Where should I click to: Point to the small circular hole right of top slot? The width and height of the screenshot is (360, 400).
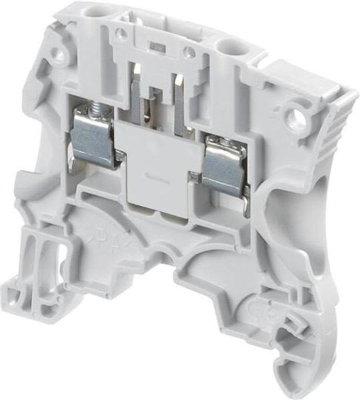click(x=189, y=51)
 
